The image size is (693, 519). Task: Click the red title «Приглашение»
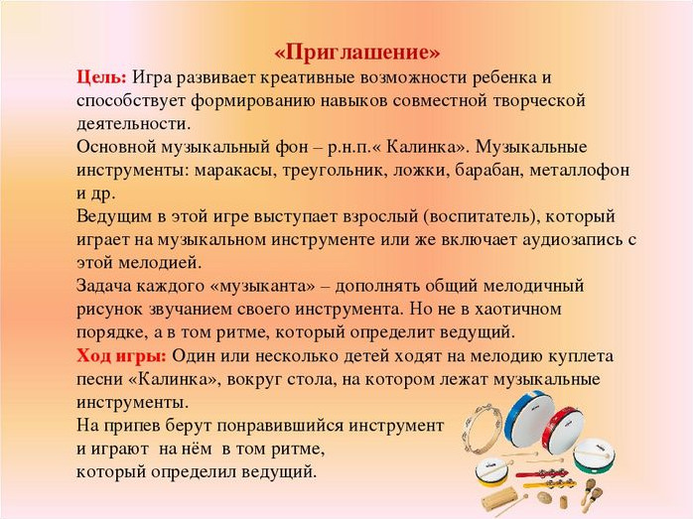point(357,53)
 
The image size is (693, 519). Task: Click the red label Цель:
point(101,77)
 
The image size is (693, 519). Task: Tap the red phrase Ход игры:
point(121,355)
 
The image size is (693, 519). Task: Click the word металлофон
point(580,170)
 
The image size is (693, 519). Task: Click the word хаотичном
point(518,309)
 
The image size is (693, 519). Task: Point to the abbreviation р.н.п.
point(347,148)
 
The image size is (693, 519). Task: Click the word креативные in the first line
point(307,77)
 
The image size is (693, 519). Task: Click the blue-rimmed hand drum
point(530,419)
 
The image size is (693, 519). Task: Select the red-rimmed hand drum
point(563,430)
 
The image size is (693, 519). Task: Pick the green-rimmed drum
point(594,454)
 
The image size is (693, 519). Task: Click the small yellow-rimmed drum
point(491,471)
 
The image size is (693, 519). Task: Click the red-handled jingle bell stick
point(541,474)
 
